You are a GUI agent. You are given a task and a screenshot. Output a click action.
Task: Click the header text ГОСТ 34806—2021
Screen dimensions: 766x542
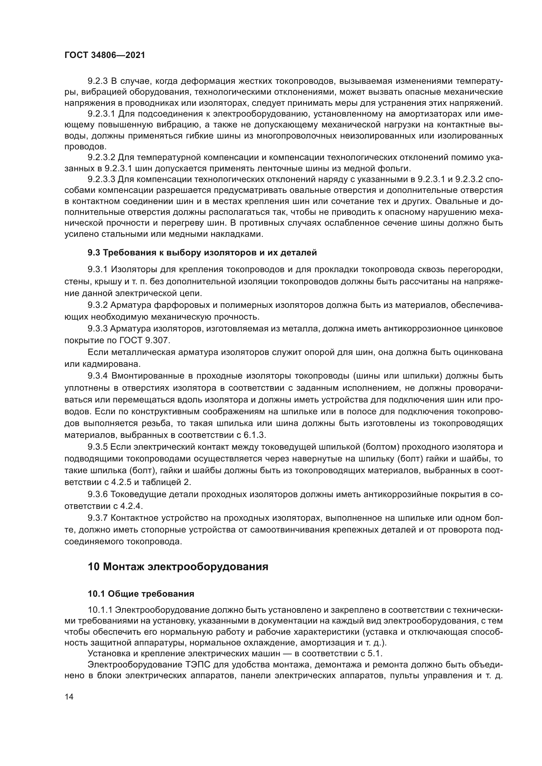click(x=105, y=55)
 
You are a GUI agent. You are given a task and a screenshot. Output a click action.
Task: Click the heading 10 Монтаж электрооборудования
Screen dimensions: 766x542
click(x=178, y=567)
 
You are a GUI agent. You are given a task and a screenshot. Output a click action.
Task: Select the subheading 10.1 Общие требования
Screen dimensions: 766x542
click(x=141, y=594)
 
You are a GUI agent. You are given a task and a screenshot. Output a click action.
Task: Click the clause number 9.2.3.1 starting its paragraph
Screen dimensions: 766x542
click(x=102, y=114)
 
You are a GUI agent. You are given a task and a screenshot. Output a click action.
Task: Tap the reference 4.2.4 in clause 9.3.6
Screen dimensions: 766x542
click(x=131, y=506)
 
